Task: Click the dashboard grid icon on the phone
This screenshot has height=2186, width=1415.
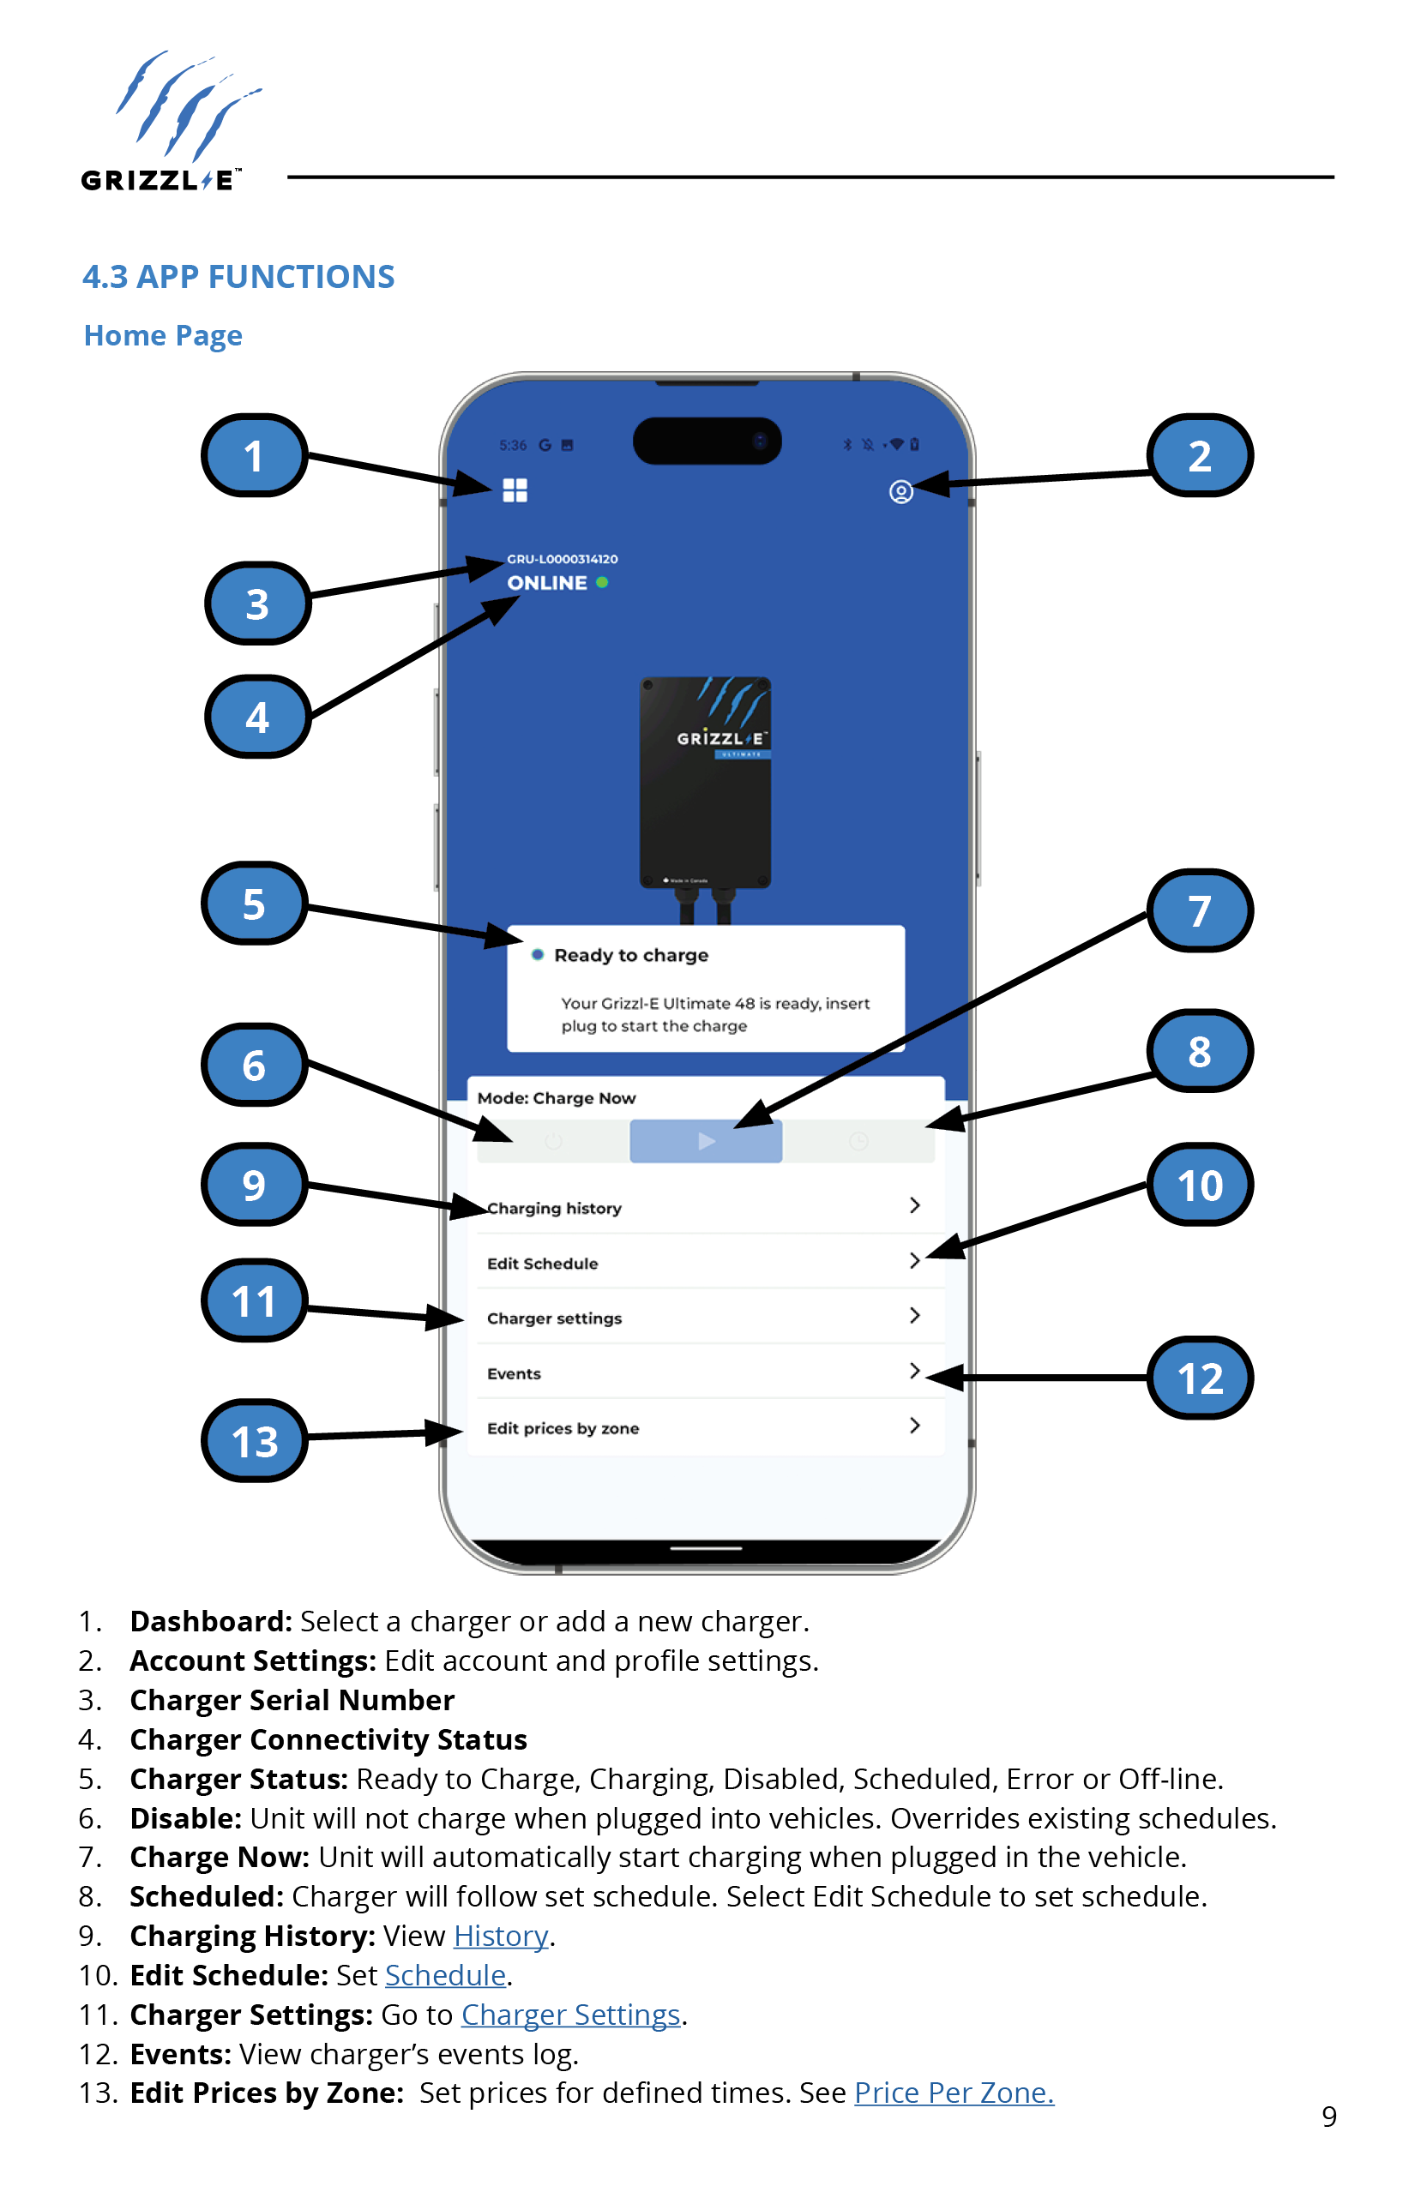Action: coord(515,490)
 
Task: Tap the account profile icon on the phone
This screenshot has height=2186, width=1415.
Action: coord(900,492)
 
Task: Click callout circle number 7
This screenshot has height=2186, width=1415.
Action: coord(1199,911)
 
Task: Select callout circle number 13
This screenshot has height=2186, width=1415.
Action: coord(255,1441)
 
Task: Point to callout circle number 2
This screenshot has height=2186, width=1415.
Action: coord(1199,456)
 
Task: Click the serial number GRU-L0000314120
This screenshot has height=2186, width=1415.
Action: coord(563,558)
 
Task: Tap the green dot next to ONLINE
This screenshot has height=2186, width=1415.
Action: coord(602,582)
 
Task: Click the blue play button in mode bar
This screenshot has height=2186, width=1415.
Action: coord(706,1141)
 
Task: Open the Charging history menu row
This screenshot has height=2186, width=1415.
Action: coord(554,1208)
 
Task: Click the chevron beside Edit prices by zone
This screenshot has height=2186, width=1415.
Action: coord(914,1426)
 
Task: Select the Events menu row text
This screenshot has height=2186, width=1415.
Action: coord(514,1373)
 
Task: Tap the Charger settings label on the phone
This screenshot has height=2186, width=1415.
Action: coord(554,1318)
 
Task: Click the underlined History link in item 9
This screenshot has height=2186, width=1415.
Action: coord(501,1936)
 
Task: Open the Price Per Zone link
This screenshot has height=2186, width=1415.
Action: coord(954,2093)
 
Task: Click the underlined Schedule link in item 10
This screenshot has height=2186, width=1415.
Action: coord(446,1975)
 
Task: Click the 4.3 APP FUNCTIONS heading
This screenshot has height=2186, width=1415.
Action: coord(239,276)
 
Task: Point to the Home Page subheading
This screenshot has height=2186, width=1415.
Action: coord(164,335)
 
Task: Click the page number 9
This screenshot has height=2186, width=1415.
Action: coord(1328,2117)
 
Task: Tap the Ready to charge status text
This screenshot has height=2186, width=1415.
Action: coord(631,955)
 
